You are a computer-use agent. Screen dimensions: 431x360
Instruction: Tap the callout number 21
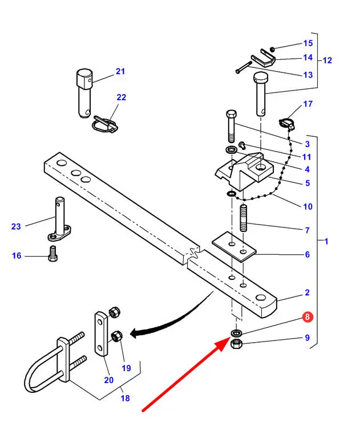(x=120, y=71)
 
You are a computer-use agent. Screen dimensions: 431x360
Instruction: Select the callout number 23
(x=15, y=226)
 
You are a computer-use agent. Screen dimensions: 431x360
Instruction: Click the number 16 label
(x=17, y=256)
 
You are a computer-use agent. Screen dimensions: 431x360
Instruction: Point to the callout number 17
(x=308, y=104)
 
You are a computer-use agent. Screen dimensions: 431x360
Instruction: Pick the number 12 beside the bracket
(x=327, y=60)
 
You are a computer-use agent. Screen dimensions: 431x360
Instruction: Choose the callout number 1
(x=326, y=241)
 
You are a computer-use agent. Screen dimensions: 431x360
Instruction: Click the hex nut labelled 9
(x=237, y=344)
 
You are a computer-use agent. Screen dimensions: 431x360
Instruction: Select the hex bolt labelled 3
(x=231, y=125)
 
